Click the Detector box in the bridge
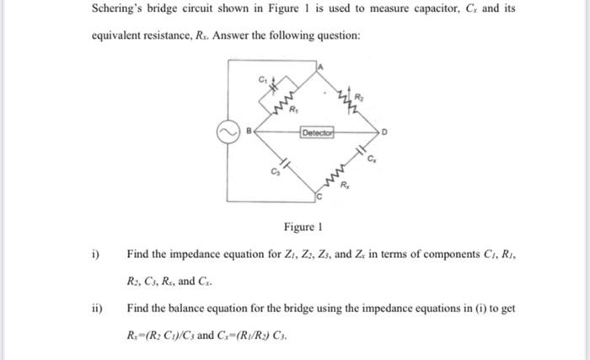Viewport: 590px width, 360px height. click(x=317, y=132)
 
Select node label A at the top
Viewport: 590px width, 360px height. click(x=321, y=66)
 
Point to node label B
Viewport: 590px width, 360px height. click(x=248, y=131)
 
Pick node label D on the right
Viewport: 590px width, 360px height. click(x=384, y=132)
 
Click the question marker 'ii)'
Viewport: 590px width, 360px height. click(x=98, y=309)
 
